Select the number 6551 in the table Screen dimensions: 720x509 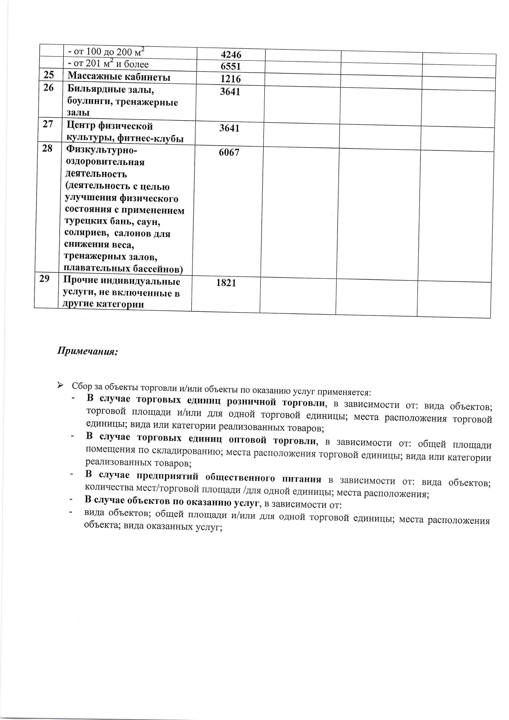click(x=230, y=66)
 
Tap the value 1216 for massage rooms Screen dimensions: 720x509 click(x=230, y=79)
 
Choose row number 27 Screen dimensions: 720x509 click(x=48, y=123)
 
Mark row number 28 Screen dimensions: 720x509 click(x=47, y=148)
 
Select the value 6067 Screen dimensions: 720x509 click(x=229, y=153)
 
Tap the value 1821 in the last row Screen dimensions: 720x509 click(x=226, y=283)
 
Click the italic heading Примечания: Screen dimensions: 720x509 click(x=87, y=352)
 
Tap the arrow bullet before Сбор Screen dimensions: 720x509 click(x=60, y=385)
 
